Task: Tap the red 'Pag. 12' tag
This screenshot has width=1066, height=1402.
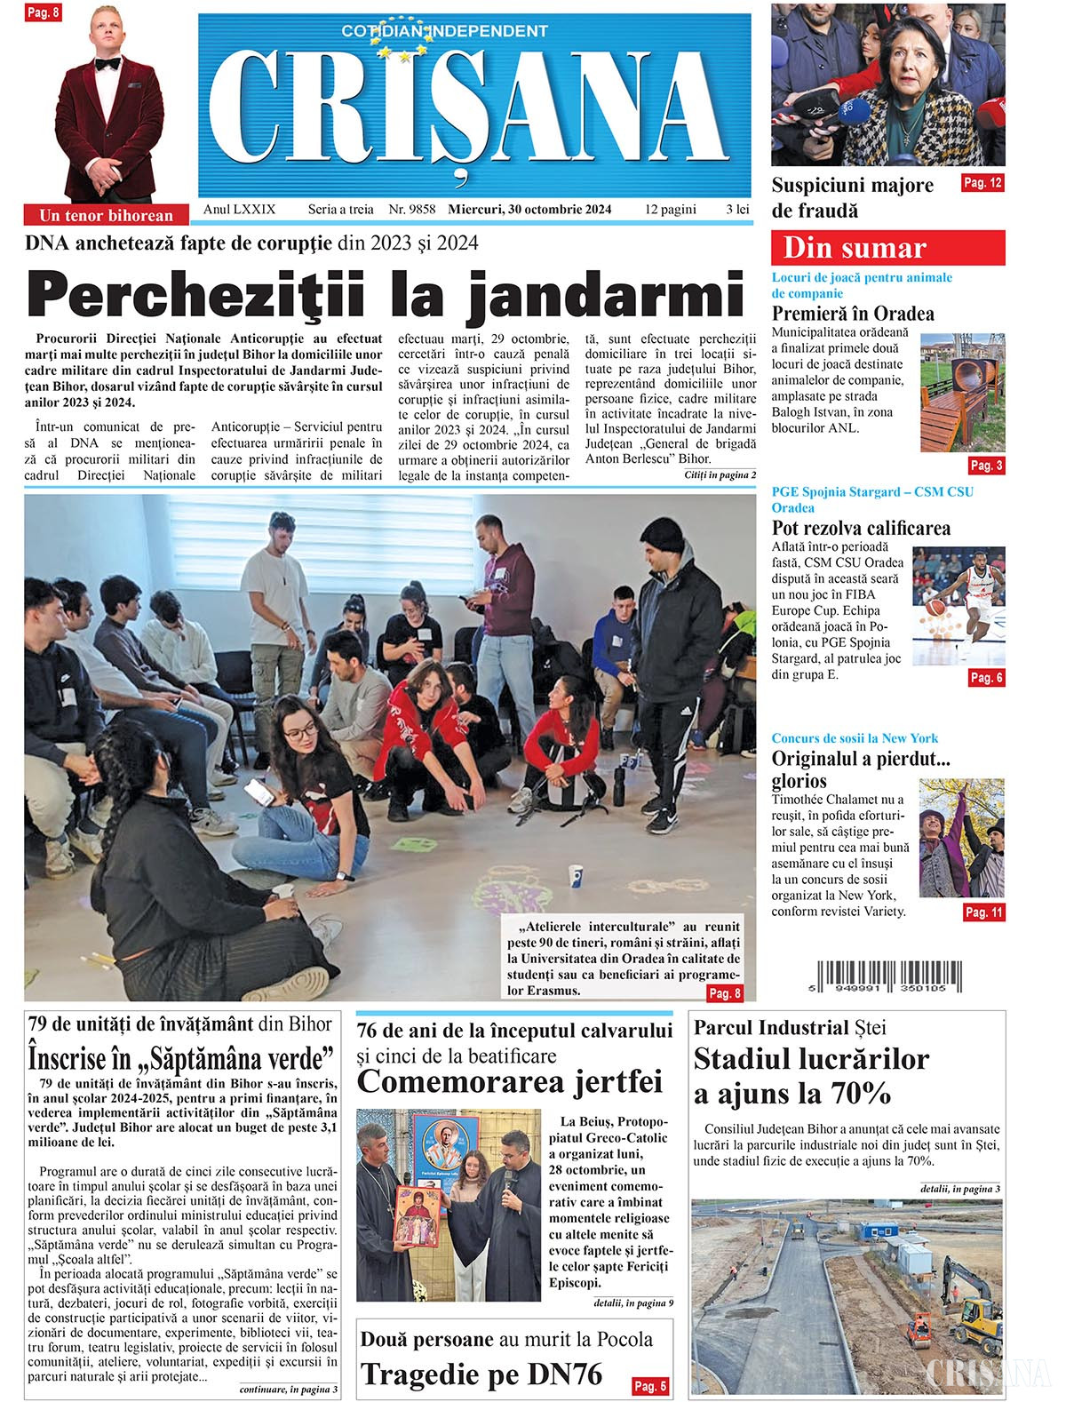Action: click(x=982, y=183)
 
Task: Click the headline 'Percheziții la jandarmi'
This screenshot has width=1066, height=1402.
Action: click(x=384, y=297)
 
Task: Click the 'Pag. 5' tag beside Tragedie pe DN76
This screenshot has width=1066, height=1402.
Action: click(x=649, y=1385)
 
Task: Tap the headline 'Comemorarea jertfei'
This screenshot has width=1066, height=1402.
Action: click(x=509, y=1082)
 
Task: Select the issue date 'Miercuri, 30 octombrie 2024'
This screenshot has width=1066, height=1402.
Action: click(x=529, y=210)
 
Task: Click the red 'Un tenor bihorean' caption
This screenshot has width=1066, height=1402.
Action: click(x=107, y=215)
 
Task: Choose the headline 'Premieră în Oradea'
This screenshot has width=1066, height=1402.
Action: click(x=853, y=314)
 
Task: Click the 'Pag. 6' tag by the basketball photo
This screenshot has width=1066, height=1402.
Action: click(x=986, y=678)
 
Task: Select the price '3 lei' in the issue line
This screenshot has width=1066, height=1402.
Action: click(x=737, y=210)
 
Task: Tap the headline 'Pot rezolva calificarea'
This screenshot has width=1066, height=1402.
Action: click(x=861, y=528)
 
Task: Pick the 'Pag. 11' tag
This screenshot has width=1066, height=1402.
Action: click(x=984, y=912)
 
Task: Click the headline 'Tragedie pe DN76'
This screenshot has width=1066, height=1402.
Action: click(x=481, y=1374)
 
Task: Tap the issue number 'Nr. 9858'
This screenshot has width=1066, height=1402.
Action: click(x=411, y=210)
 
